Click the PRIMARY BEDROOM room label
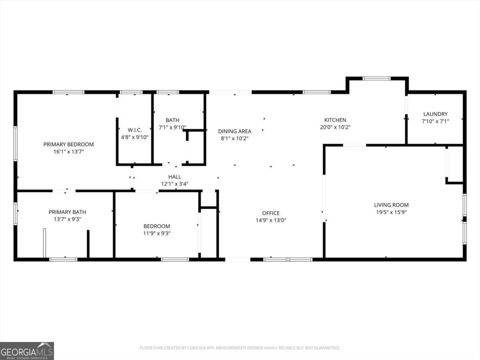68,144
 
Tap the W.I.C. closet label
134,130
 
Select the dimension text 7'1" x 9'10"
172,127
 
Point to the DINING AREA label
234,131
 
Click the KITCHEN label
335,120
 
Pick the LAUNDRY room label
435,114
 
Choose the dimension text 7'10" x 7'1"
435,121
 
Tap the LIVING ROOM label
391,205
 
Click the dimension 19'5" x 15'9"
391,212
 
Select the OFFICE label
271,213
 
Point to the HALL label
174,177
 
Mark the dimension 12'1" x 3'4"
174,184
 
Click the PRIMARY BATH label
67,212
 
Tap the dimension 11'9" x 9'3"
157,233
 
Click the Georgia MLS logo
27,351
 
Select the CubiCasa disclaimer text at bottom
240,348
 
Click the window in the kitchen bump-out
376,78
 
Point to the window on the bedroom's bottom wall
175,260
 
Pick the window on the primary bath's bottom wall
63,260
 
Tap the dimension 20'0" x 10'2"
335,127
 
